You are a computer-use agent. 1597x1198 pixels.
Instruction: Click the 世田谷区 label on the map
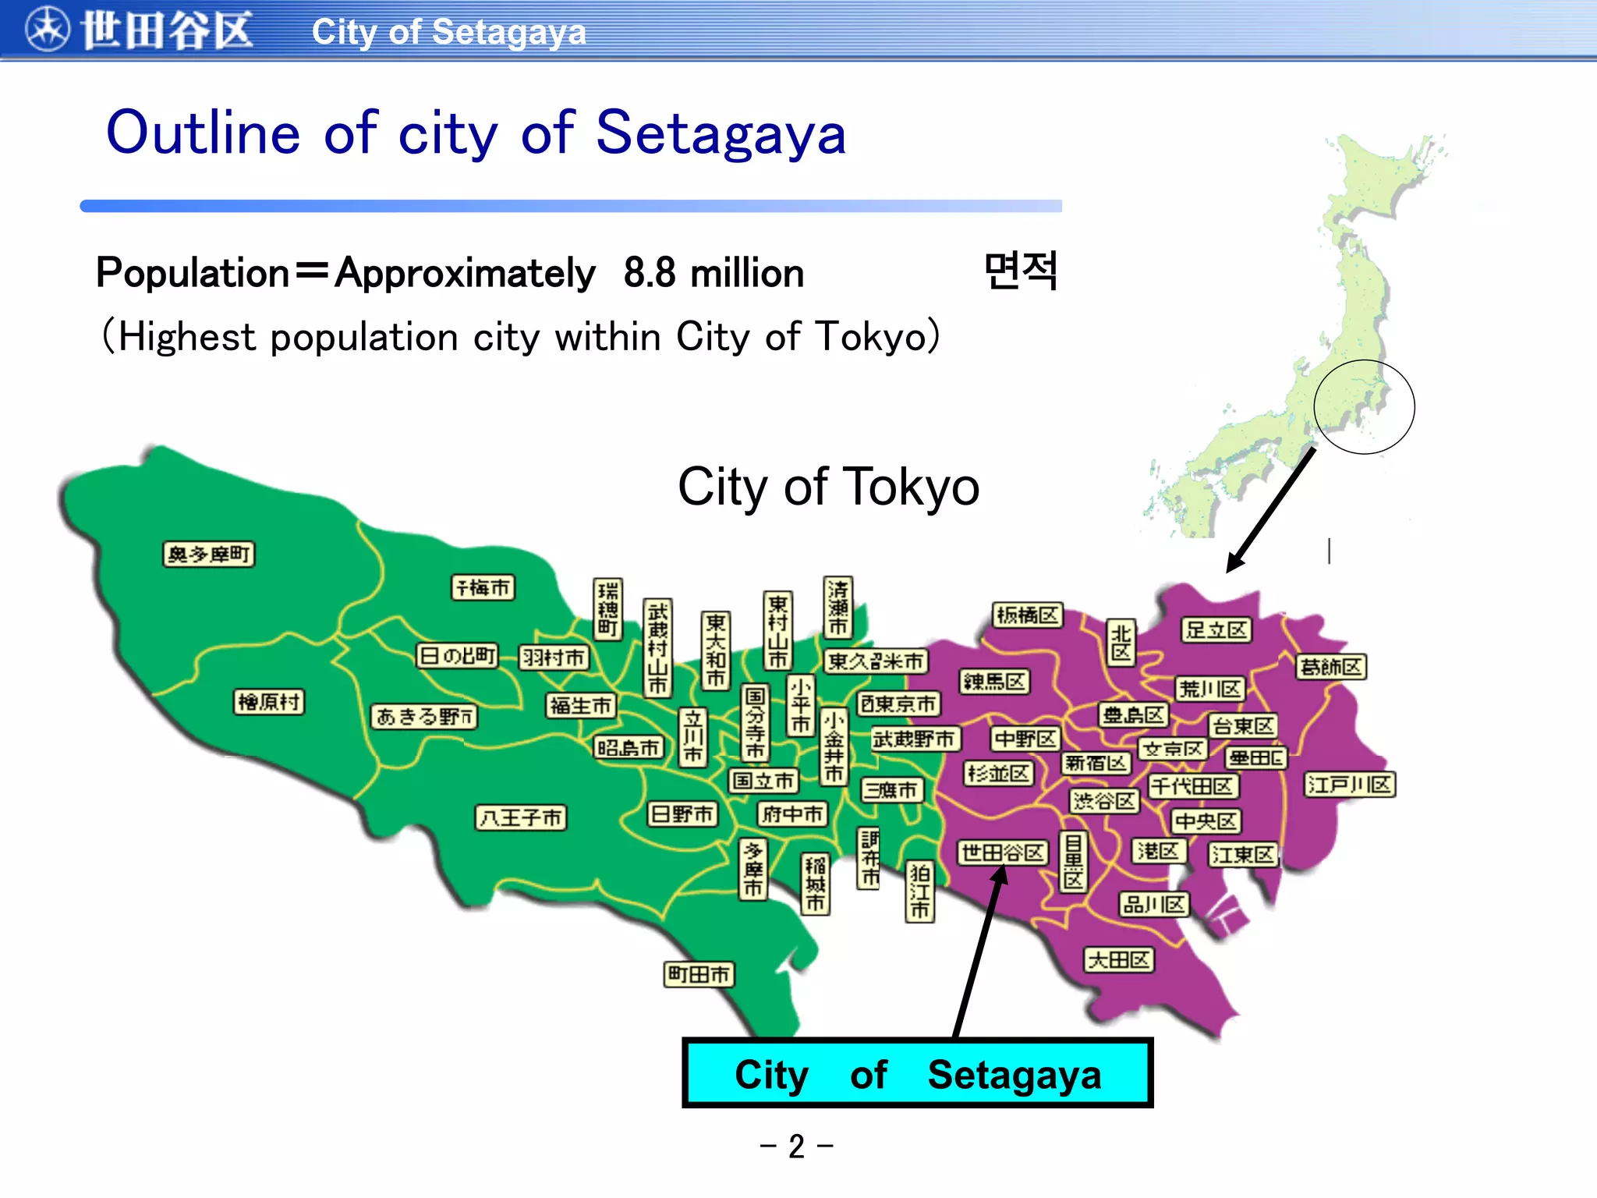(1002, 852)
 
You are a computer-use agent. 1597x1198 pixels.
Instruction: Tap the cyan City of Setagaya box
(917, 1074)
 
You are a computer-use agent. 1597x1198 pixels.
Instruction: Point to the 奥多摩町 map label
(209, 555)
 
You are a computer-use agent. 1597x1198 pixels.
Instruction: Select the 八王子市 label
(521, 817)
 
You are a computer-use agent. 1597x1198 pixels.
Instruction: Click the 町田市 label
(699, 974)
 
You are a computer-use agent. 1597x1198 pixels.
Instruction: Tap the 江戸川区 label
(1350, 785)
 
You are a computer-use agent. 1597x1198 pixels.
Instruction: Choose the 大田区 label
(1119, 959)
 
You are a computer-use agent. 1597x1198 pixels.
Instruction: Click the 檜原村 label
(269, 702)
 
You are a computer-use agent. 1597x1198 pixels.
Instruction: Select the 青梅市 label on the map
(483, 587)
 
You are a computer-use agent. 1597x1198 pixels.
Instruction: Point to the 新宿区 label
(1096, 763)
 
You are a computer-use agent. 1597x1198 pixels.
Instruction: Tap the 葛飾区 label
(1331, 667)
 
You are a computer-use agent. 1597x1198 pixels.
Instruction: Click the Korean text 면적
(1021, 271)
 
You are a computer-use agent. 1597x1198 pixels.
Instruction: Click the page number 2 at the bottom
(796, 1147)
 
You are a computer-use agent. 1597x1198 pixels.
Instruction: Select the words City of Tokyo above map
(828, 487)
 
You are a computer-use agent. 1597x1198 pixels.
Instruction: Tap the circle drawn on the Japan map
(1364, 407)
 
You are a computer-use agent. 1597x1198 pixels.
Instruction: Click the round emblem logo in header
(47, 30)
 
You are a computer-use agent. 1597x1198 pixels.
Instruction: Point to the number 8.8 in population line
(649, 273)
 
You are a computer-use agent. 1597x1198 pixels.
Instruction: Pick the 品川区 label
(1153, 905)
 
